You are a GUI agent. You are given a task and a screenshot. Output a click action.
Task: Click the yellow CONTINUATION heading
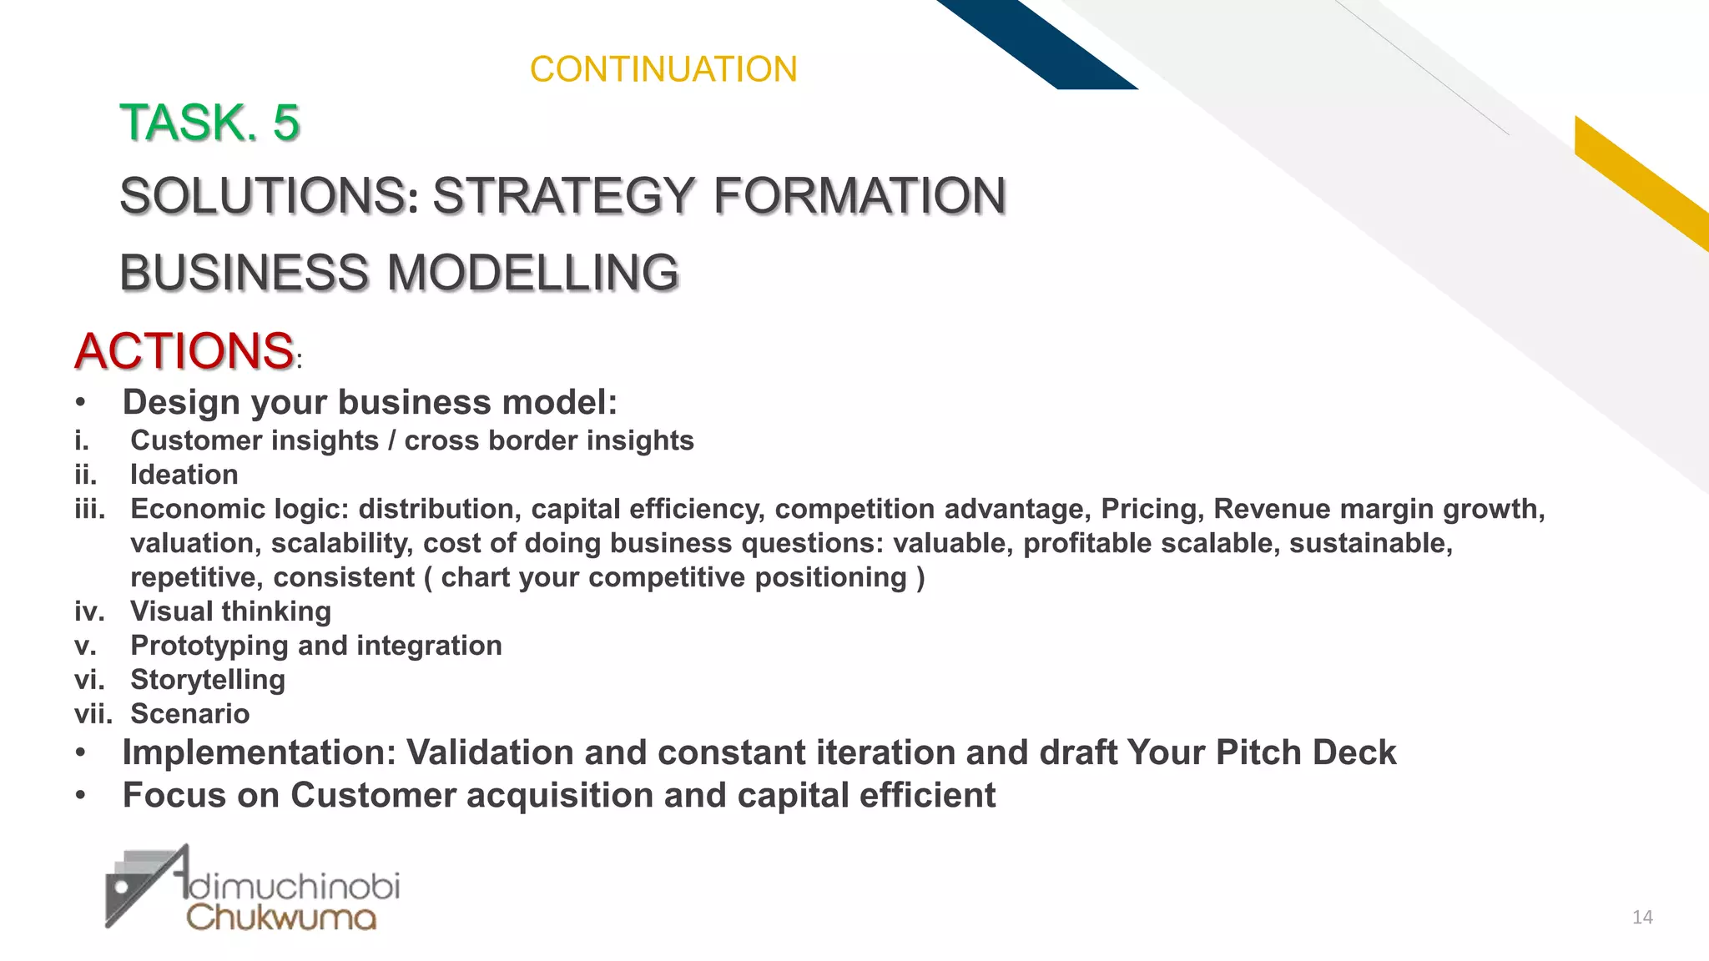(x=663, y=69)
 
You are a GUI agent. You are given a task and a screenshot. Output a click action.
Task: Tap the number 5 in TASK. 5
(x=285, y=123)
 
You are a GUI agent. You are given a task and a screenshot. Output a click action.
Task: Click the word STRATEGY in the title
(x=563, y=196)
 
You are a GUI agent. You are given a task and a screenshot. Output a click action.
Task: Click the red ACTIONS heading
(x=184, y=350)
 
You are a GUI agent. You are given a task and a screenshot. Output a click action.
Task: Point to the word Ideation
(x=184, y=475)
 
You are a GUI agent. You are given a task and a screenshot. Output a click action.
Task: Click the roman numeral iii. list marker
(x=89, y=509)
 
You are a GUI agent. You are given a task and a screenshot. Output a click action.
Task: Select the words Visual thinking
(x=230, y=611)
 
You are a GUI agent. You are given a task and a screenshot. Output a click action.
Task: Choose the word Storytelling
(x=208, y=680)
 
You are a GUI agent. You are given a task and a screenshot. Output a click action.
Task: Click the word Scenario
(x=190, y=714)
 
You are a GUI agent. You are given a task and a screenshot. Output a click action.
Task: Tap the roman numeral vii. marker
(x=92, y=714)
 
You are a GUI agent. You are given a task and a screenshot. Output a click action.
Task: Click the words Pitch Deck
(x=1305, y=752)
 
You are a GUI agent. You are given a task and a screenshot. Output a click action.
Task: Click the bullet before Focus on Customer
(x=80, y=796)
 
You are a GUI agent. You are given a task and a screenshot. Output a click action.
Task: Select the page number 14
(x=1642, y=918)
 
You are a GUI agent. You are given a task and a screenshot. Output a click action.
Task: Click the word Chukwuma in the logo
(x=281, y=918)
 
